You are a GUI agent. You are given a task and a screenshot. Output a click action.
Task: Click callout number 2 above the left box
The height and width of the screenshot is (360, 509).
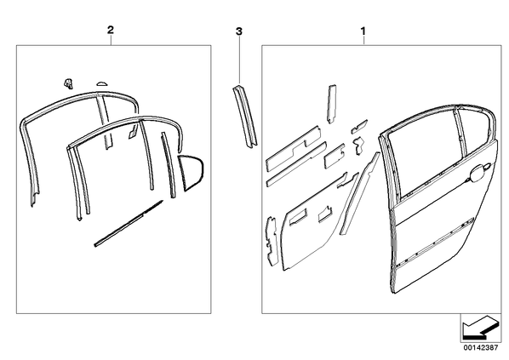(x=111, y=30)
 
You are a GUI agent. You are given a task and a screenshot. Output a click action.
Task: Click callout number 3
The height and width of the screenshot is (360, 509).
(x=239, y=31)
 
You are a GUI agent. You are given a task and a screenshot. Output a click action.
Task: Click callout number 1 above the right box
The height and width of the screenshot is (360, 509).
(x=363, y=31)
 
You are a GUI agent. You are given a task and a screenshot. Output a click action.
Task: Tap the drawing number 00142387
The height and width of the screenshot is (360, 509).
(x=480, y=347)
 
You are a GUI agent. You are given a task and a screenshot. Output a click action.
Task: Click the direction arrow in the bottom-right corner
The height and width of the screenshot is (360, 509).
(x=480, y=327)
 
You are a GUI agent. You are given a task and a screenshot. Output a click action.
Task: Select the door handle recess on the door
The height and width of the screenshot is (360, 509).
(x=478, y=172)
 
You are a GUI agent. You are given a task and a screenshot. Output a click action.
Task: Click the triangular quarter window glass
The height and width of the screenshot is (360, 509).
(x=192, y=173)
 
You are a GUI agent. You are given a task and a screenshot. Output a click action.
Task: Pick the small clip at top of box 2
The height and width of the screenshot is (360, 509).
(x=68, y=83)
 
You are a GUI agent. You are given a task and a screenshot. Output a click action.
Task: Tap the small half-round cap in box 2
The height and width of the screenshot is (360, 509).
(x=101, y=83)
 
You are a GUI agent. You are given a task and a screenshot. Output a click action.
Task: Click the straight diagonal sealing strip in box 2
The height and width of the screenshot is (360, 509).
(x=129, y=224)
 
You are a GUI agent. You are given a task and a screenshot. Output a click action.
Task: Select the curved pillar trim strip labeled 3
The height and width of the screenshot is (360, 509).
(x=245, y=117)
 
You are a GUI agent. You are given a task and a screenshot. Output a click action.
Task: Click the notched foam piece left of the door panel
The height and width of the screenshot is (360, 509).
(x=272, y=241)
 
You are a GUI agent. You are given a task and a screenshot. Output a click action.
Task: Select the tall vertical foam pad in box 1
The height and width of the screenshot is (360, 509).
(x=331, y=104)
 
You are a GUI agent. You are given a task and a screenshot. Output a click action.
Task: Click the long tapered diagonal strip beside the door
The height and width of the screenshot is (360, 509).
(x=359, y=193)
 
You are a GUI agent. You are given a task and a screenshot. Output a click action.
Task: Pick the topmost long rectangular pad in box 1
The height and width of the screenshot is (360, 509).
(x=293, y=149)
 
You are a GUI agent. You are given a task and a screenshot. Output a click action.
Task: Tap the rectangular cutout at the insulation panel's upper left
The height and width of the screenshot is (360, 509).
(x=297, y=216)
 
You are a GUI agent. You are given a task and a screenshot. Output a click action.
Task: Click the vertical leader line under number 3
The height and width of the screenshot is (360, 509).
(x=239, y=60)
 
